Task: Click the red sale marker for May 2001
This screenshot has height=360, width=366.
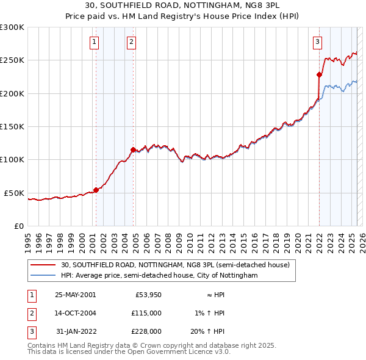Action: click(96, 190)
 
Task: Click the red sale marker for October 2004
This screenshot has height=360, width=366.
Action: click(132, 149)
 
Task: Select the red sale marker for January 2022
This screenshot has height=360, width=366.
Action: click(318, 75)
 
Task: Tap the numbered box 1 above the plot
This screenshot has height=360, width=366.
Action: click(95, 42)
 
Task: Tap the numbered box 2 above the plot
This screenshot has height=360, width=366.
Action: click(132, 42)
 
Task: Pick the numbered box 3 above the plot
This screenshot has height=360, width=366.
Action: click(318, 42)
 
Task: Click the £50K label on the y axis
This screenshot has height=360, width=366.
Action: click(14, 193)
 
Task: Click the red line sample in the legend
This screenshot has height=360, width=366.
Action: click(43, 265)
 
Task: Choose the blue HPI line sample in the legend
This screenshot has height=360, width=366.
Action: click(43, 276)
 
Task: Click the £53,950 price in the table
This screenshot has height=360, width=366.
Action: click(148, 295)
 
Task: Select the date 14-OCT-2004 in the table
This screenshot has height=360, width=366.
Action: click(76, 313)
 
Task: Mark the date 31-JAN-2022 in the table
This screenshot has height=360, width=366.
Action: click(76, 331)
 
